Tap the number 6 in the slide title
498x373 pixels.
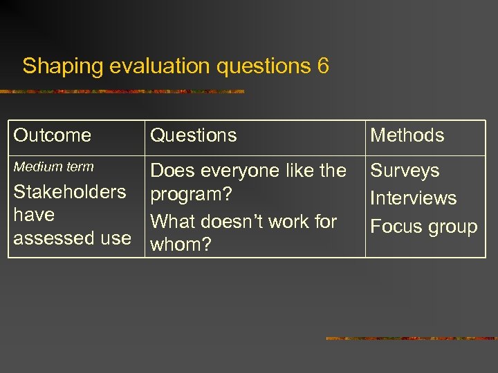click(x=323, y=66)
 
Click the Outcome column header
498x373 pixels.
click(x=53, y=135)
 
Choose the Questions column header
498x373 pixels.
click(x=194, y=135)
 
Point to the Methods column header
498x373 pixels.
click(x=407, y=135)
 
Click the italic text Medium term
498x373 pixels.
click(x=53, y=166)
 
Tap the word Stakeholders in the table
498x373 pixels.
click(x=70, y=191)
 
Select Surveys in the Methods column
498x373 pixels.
click(x=405, y=171)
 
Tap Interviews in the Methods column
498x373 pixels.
click(x=413, y=198)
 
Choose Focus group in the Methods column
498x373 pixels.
click(x=423, y=227)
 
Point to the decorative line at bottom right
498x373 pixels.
click(x=411, y=338)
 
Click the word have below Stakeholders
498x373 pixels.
click(x=34, y=215)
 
